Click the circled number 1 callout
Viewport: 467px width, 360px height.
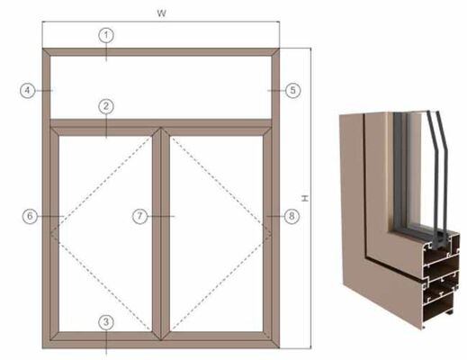point(106,34)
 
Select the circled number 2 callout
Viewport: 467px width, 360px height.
point(106,107)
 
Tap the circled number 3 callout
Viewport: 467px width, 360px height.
point(106,321)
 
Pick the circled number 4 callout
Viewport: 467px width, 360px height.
point(29,90)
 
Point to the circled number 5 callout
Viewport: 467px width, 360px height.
point(292,90)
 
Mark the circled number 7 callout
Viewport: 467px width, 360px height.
point(139,216)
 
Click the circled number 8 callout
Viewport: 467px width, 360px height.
point(290,216)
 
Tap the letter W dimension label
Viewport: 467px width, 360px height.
point(161,13)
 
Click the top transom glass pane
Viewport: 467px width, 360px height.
point(162,85)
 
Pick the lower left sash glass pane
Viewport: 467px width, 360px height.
point(103,229)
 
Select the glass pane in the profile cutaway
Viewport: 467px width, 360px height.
point(416,171)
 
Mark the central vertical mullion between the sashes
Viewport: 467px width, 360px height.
point(161,229)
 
